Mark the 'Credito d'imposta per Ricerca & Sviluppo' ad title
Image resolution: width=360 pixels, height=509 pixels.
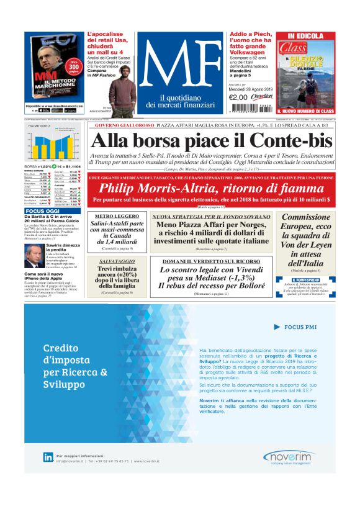point(74,358)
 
